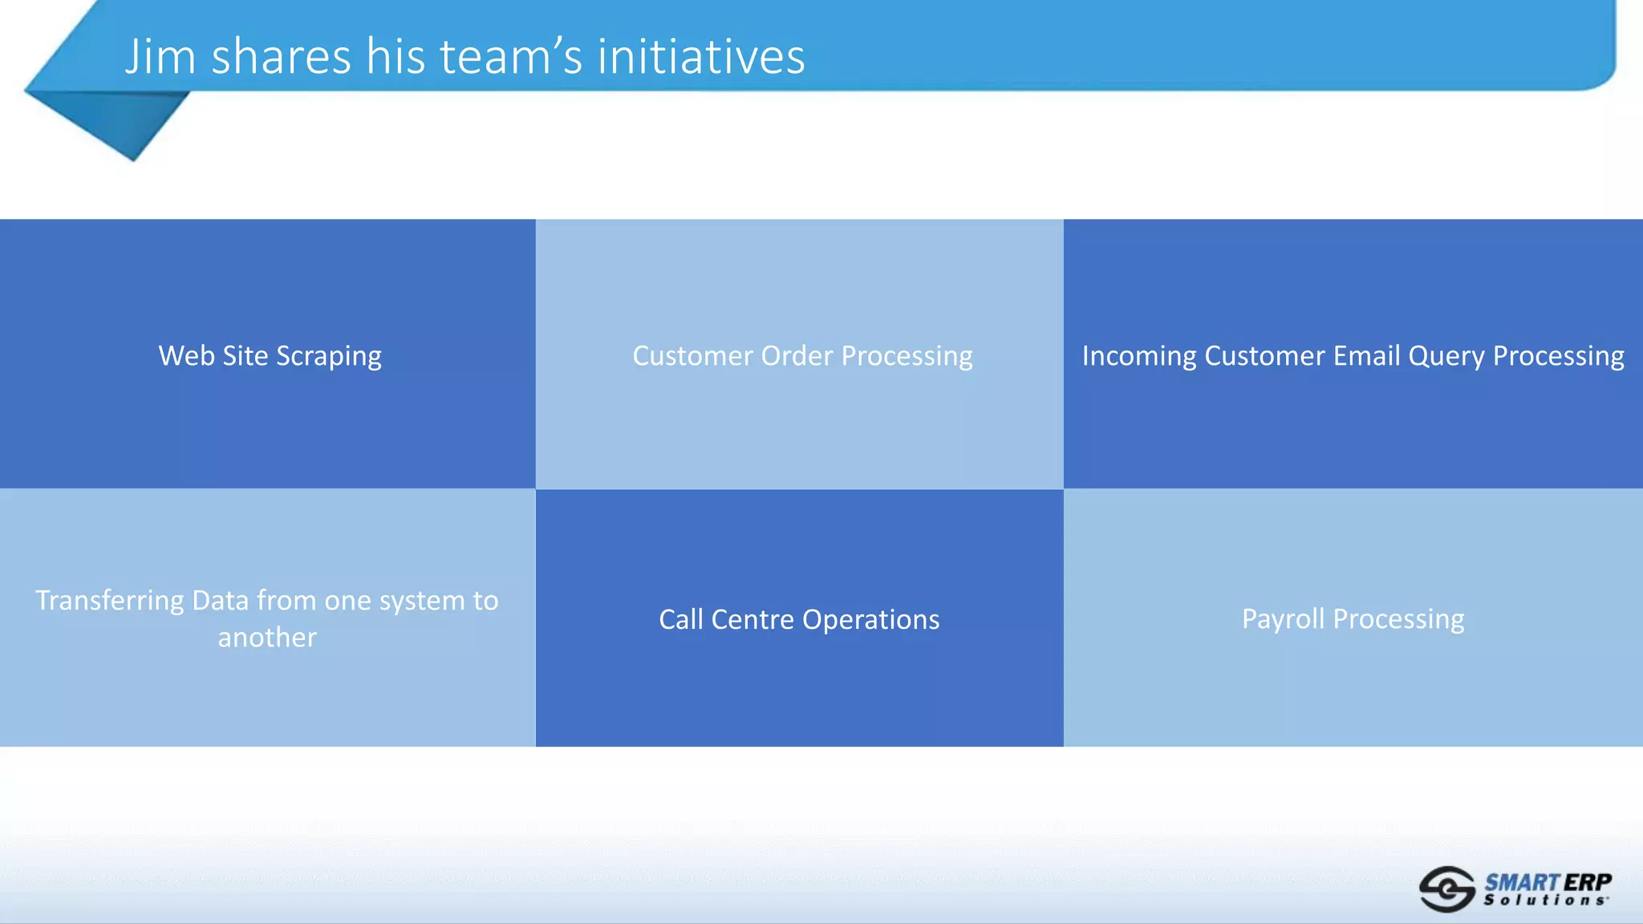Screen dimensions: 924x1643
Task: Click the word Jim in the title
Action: pos(160,58)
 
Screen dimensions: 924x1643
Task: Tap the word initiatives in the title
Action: pos(700,58)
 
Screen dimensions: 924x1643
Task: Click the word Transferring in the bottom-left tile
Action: pos(109,601)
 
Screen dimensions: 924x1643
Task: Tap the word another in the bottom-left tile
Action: pos(267,638)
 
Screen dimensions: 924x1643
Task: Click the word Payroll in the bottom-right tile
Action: pos(1283,619)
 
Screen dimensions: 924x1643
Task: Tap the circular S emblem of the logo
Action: pos(1446,889)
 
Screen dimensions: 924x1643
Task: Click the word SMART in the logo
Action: pos(1521,882)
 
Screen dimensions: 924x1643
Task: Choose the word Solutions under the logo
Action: pos(1544,901)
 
